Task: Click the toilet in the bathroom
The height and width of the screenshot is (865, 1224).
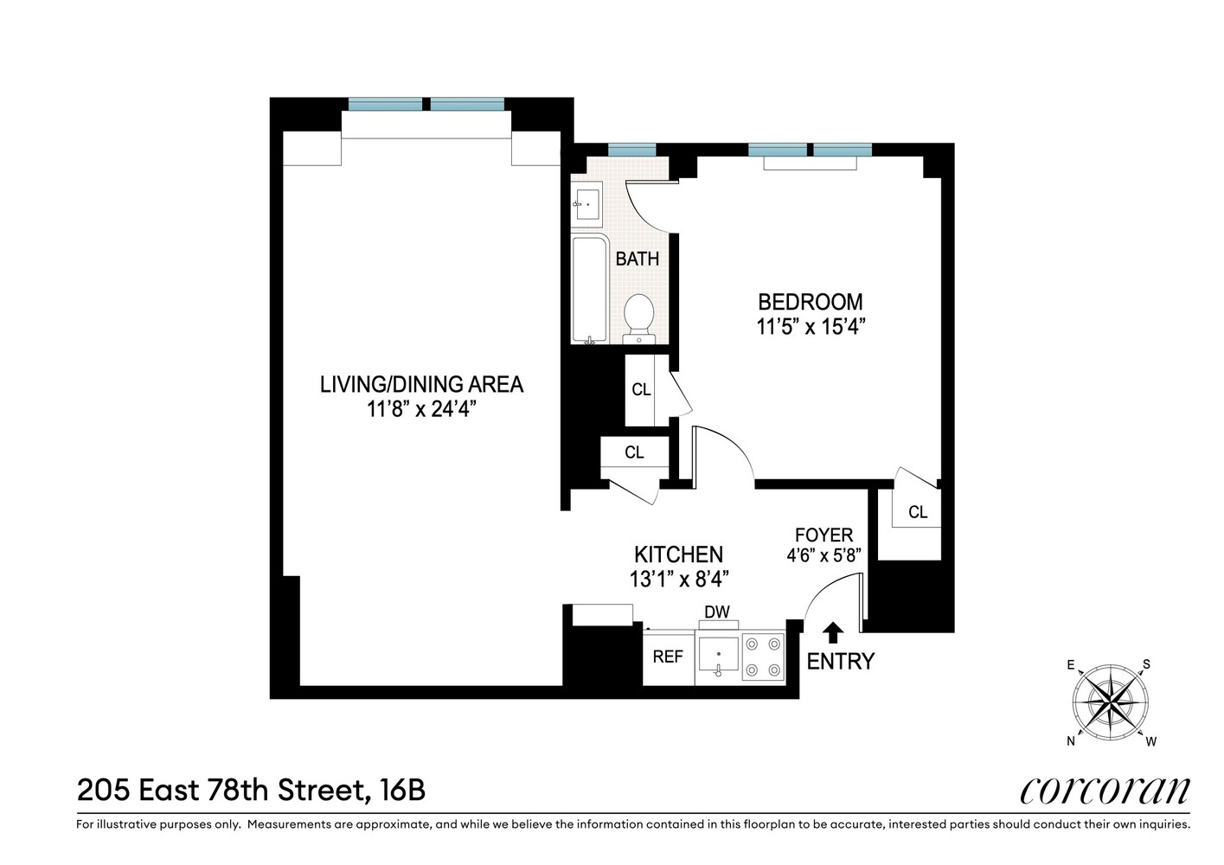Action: point(639,317)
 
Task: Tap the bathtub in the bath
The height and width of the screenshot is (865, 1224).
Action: point(589,289)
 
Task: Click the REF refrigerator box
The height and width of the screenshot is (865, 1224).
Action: point(668,657)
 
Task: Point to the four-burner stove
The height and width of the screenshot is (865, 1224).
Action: point(764,657)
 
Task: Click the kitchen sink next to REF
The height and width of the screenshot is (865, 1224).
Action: point(718,657)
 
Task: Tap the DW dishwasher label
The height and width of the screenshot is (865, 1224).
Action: point(717,612)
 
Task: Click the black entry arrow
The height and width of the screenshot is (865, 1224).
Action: point(832,632)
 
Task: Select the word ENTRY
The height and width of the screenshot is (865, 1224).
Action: point(840,662)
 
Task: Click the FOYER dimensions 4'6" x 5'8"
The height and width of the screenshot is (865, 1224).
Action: point(823,555)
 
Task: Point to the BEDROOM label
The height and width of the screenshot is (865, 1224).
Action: point(810,302)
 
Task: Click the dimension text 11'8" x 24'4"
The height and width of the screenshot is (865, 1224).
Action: point(421,409)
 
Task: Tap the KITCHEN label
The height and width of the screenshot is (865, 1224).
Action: point(678,554)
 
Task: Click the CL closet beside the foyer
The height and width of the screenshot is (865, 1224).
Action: point(917,512)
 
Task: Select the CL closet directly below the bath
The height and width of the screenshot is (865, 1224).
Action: point(641,389)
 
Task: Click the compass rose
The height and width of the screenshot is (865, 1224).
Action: point(1111,702)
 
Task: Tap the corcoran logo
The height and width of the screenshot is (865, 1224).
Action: point(1105,790)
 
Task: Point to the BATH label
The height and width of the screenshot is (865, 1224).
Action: point(638,259)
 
